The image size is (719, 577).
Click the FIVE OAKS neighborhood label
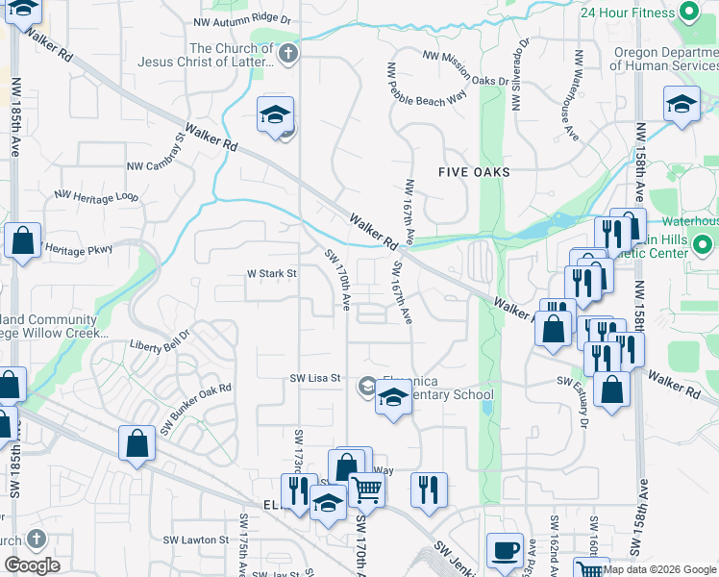(x=473, y=172)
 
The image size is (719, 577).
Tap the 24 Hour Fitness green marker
(x=688, y=13)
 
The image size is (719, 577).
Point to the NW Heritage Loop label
(x=96, y=195)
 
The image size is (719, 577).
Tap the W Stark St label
(x=272, y=273)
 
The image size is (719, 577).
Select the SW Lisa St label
(x=316, y=378)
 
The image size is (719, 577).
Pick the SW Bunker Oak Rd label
(x=196, y=409)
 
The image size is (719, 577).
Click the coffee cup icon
(x=506, y=551)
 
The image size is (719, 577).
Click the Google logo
(x=32, y=565)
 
